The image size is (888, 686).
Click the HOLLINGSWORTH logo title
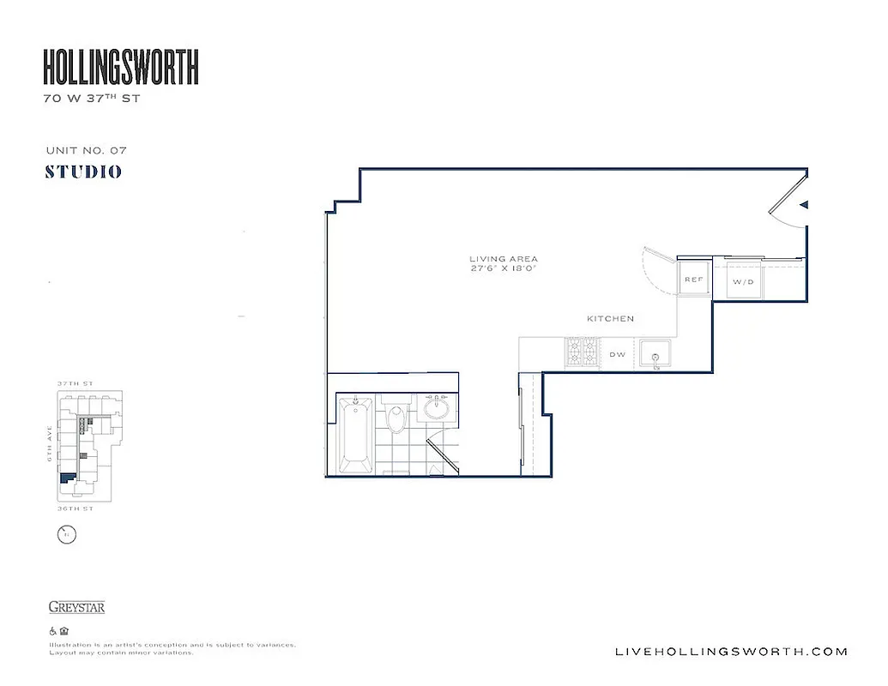(121, 67)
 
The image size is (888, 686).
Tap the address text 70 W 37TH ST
(91, 99)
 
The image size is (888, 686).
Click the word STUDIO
(83, 171)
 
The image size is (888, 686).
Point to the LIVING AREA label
(504, 259)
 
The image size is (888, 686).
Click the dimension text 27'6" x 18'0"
(504, 268)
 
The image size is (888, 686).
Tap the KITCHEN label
(610, 319)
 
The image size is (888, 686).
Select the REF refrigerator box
(693, 280)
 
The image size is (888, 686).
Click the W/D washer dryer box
(742, 280)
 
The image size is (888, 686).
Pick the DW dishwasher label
(617, 354)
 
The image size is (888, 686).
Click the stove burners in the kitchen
(584, 353)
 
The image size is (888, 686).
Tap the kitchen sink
(657, 355)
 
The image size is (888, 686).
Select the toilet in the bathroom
(396, 418)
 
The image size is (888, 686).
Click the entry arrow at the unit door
(804, 205)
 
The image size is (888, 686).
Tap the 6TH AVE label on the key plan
(51, 447)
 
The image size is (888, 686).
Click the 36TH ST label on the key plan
(76, 508)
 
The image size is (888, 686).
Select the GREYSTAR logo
(77, 608)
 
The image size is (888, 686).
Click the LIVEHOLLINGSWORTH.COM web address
(732, 652)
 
